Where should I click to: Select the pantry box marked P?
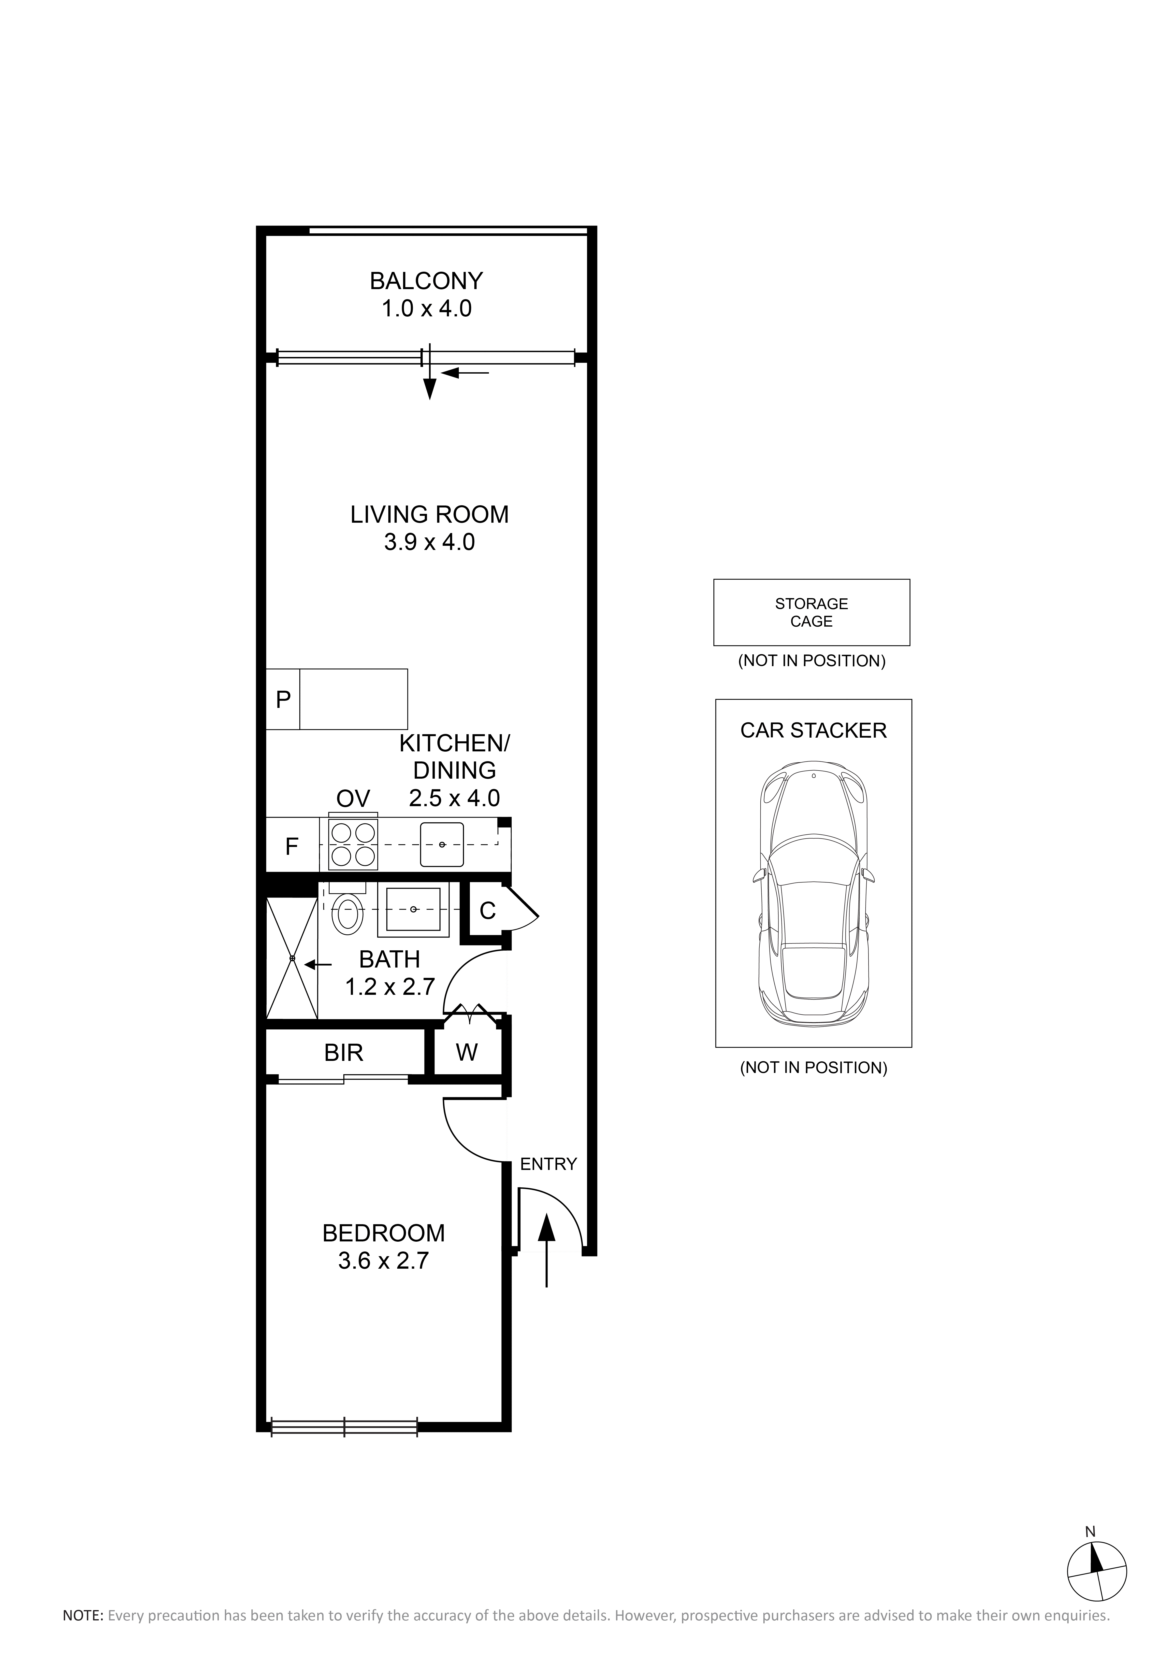coord(283,699)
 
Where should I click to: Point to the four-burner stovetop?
coord(353,845)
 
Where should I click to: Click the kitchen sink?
coord(442,844)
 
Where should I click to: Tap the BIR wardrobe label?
coord(344,1053)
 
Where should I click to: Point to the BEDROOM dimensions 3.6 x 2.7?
coord(384,1260)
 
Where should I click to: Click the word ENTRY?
coord(548,1164)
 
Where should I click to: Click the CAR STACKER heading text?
coord(813,730)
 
